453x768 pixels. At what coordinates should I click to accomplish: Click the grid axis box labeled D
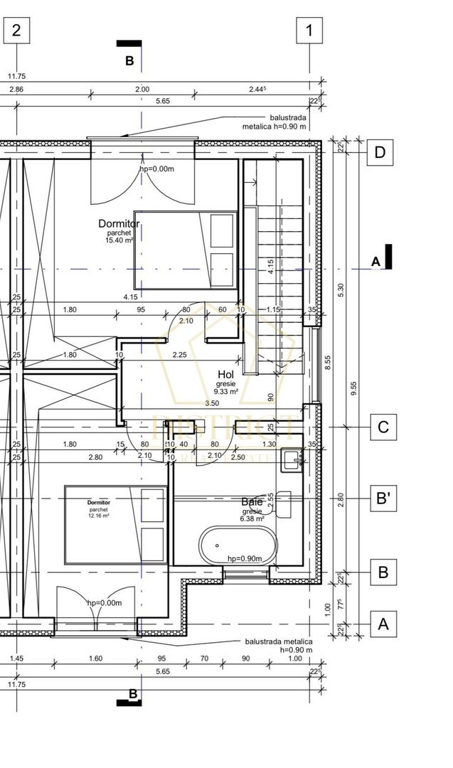[380, 152]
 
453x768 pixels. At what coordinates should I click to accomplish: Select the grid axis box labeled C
[383, 427]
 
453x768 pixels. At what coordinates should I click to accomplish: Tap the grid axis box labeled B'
[383, 498]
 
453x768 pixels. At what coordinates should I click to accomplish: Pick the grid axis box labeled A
[383, 624]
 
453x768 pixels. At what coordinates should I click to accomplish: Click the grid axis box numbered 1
[309, 31]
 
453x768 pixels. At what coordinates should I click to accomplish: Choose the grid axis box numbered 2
[17, 31]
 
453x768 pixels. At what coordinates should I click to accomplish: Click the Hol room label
[226, 374]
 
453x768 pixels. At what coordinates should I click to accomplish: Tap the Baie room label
[252, 502]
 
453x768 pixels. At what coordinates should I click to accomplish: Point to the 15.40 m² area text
[119, 240]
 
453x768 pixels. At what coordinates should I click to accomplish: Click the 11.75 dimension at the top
[16, 77]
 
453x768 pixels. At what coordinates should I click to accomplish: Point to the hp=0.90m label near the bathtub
[245, 558]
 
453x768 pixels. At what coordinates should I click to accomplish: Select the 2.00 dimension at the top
[142, 90]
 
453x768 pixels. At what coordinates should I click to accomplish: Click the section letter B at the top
[129, 61]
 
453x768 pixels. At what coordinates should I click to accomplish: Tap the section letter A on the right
[376, 262]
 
